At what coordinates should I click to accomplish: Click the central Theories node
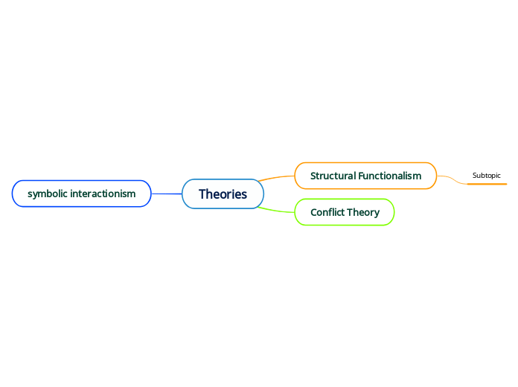coord(223,194)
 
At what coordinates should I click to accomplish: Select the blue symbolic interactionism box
coord(82,193)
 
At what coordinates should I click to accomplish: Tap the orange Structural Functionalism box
coord(365,176)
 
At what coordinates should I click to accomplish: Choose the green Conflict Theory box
coord(345,212)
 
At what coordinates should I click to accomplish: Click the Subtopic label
coord(487,176)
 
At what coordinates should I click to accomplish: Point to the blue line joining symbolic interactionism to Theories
coord(167,193)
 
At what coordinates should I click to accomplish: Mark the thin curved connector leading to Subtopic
coord(451,179)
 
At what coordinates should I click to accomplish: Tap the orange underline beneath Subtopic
coord(487,183)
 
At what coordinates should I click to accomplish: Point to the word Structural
coord(333,176)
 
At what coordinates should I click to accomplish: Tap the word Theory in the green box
coord(363,212)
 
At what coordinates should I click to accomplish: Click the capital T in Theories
coord(202,194)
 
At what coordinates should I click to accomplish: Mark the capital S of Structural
coord(313,176)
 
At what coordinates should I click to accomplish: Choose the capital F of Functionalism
coord(361,176)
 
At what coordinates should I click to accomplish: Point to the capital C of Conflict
coord(314,212)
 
